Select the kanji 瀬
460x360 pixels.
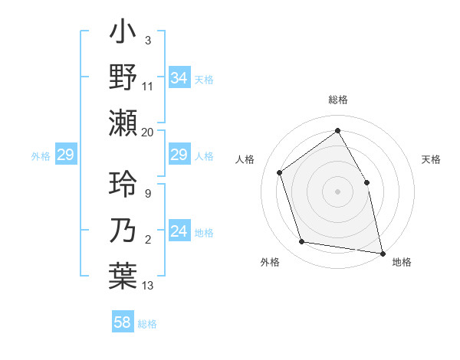tap(123, 123)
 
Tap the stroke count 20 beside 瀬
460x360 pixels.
tap(147, 132)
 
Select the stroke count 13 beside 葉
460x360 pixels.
tap(147, 286)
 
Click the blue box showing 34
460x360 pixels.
tap(179, 77)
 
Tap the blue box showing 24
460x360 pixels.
tap(179, 231)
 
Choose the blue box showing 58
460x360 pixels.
tap(123, 322)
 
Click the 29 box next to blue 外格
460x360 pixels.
tap(65, 155)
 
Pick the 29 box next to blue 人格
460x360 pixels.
tap(179, 155)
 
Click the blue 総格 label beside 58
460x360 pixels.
tap(147, 324)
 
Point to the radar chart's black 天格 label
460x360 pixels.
tap(431, 159)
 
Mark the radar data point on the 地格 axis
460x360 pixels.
tap(381, 252)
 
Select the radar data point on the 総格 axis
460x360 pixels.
tap(337, 131)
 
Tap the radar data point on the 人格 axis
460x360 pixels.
tap(280, 172)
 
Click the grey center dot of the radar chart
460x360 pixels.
tap(337, 191)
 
